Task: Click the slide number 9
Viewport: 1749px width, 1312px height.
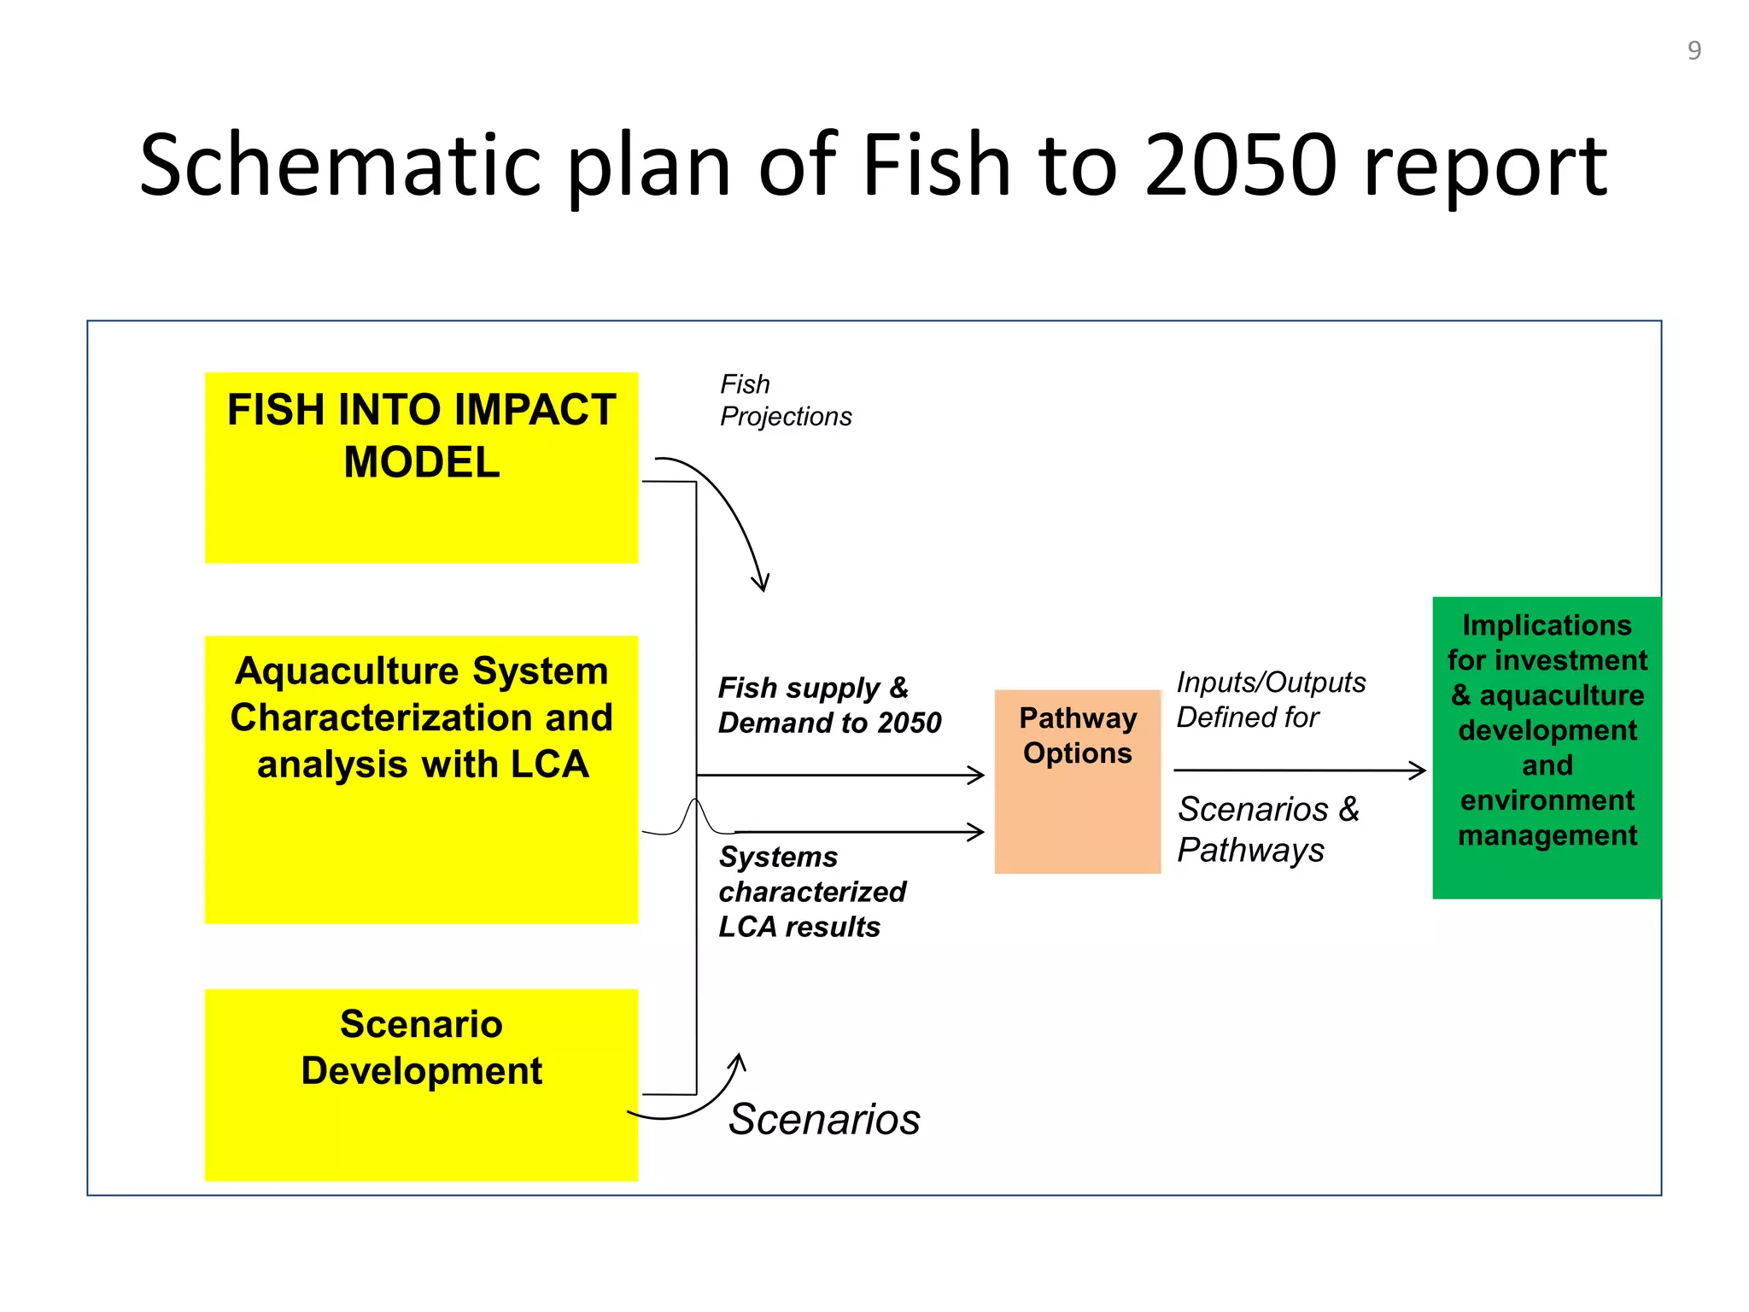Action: click(x=1694, y=50)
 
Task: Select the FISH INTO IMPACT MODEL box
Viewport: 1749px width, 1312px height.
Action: click(x=421, y=467)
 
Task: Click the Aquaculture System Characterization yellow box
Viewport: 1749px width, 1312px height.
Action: click(x=421, y=779)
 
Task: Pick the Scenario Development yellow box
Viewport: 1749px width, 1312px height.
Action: click(x=421, y=1085)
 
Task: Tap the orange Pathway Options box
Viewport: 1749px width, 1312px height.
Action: click(x=1077, y=781)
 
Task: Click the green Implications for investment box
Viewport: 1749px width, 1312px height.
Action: click(x=1547, y=747)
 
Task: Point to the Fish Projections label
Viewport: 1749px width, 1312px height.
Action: click(x=785, y=400)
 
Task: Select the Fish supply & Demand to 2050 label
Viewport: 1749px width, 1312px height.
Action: click(x=828, y=705)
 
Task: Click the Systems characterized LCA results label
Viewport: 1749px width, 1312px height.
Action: click(x=810, y=891)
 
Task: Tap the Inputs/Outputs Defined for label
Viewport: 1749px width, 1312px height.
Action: click(x=1270, y=699)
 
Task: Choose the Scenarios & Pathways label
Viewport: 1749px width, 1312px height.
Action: click(x=1267, y=829)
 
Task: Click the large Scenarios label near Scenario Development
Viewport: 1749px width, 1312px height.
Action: click(x=824, y=1118)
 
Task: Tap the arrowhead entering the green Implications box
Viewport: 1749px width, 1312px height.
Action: click(x=1419, y=770)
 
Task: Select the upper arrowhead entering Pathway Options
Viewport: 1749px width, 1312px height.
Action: click(x=978, y=775)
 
